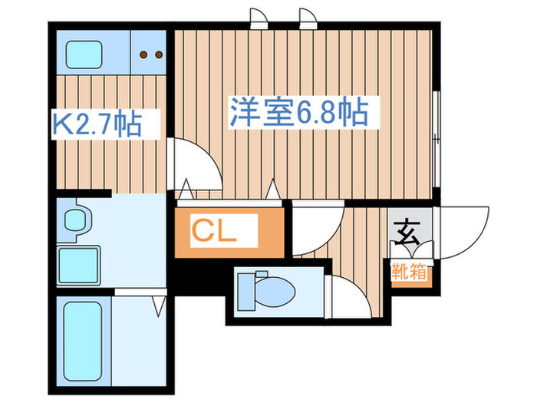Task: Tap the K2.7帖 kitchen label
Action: click(97, 124)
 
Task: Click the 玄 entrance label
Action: click(406, 227)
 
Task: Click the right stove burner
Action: click(159, 55)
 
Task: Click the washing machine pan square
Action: click(80, 266)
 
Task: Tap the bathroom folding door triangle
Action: click(158, 306)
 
